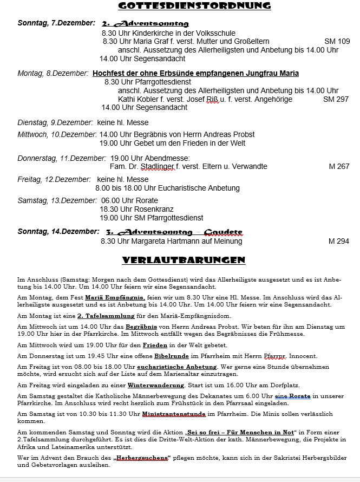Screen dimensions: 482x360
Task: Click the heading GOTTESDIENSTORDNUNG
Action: point(194,6)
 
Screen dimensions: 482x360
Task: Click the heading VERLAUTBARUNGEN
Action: point(184,260)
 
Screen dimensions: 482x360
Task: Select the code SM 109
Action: point(337,42)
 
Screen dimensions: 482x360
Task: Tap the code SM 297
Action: point(336,99)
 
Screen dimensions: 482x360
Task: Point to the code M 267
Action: point(339,167)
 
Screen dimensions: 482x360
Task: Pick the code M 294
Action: point(339,242)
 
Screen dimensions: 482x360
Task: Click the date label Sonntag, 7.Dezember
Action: point(56,23)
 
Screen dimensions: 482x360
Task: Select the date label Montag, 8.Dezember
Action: point(53,73)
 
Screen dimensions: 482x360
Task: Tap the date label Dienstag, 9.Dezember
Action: point(55,123)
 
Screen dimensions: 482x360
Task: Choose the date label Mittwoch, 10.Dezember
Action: point(57,134)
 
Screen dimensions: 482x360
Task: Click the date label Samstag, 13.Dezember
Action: point(57,200)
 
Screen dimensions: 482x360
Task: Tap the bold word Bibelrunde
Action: point(172,356)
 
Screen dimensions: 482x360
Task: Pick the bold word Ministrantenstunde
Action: point(174,414)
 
